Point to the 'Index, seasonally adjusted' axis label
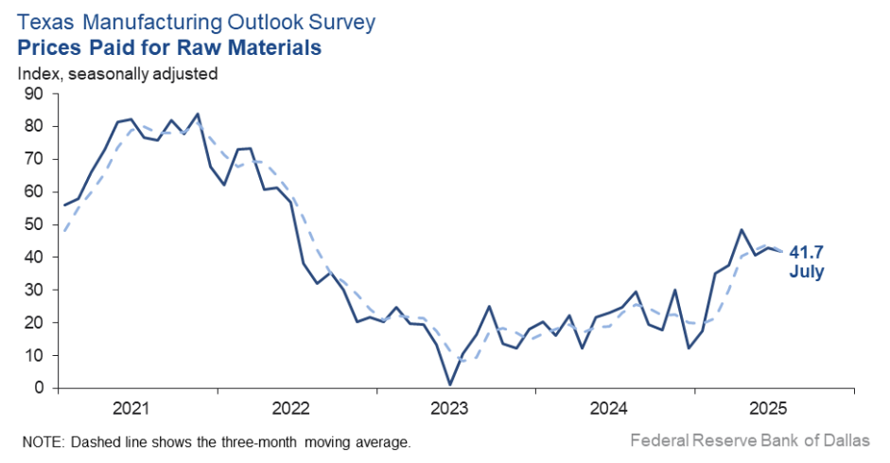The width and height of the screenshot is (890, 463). [118, 73]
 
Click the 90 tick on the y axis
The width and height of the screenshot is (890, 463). [34, 93]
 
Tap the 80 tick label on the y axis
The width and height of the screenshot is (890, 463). [34, 126]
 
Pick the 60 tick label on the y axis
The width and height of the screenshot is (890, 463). [34, 191]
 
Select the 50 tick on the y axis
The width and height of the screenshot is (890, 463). [34, 224]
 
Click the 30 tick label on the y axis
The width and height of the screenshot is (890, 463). [34, 290]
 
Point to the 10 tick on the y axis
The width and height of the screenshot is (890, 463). [34, 355]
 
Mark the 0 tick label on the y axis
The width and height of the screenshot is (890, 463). [39, 388]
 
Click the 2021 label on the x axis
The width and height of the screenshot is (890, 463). [131, 408]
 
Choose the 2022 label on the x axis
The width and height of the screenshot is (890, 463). [290, 408]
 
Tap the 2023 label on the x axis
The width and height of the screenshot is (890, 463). [449, 408]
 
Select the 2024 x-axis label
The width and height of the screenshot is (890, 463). [609, 408]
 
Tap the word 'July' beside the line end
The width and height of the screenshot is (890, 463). [807, 272]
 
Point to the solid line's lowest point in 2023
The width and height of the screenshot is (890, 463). [449, 384]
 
